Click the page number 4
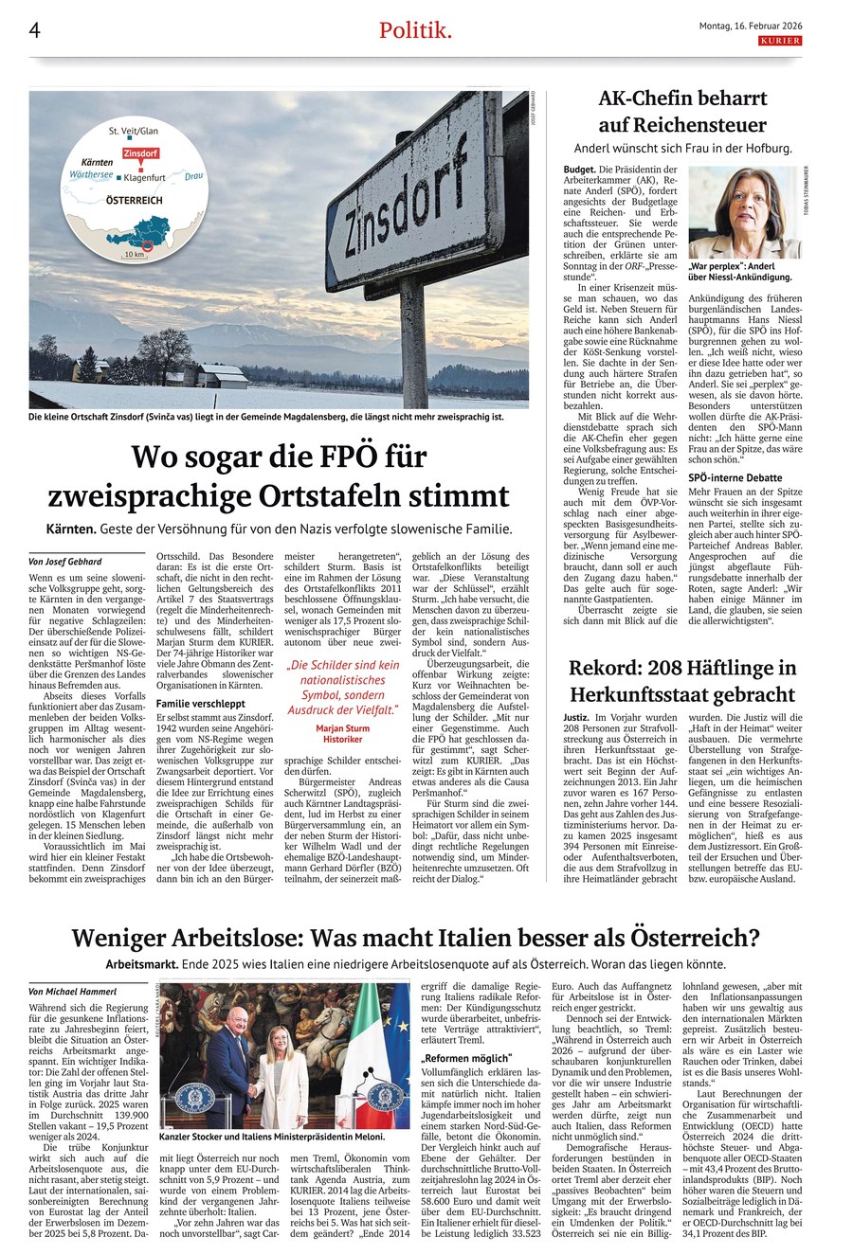[34, 30]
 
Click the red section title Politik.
[415, 30]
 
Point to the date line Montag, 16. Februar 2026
[749, 26]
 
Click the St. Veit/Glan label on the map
[133, 130]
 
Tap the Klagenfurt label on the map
[153, 177]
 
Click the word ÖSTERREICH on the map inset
[134, 201]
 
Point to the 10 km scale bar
[134, 254]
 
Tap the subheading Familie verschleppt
[201, 704]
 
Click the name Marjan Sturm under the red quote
[342, 728]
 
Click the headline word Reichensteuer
[682, 125]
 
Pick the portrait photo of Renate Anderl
[744, 212]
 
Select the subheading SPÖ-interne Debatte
[735, 477]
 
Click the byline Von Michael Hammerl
[73, 991]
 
